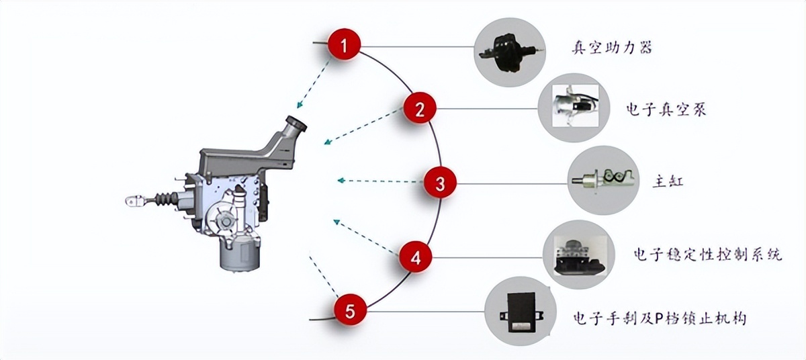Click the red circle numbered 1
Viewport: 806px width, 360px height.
pos(345,46)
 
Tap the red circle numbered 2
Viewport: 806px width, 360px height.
pos(420,109)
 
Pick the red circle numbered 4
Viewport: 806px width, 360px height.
pos(416,257)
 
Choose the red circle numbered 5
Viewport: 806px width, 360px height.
pos(351,310)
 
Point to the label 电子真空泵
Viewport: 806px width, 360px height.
pos(666,109)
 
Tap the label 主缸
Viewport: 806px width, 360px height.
pos(668,181)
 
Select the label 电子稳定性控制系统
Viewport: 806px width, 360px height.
pos(707,255)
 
